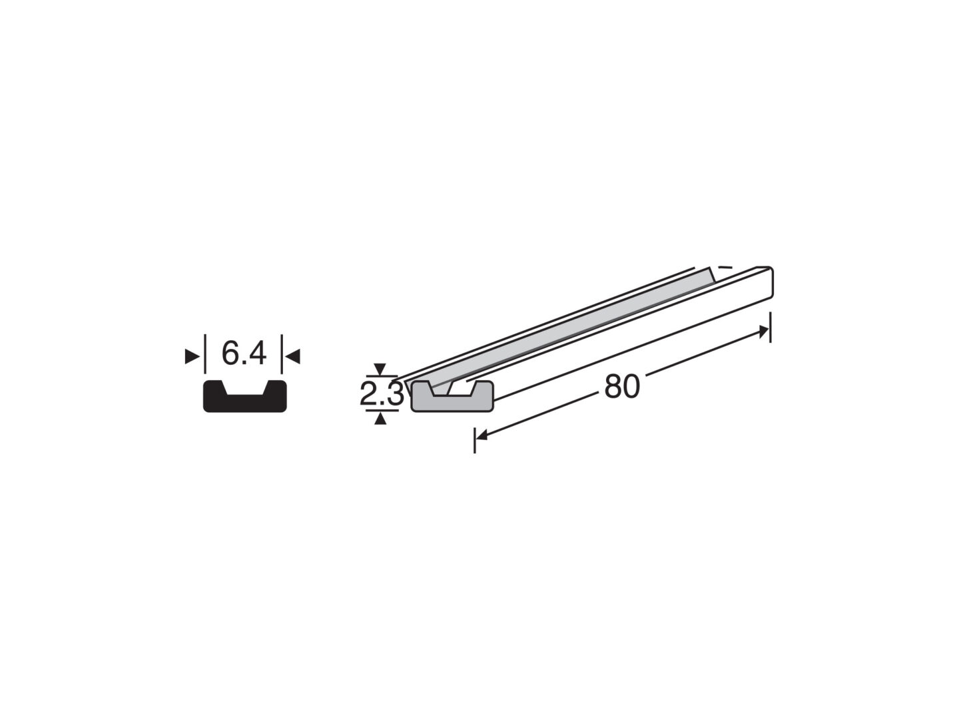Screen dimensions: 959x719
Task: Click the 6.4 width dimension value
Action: tap(244, 354)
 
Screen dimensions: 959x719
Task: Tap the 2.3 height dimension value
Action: tap(382, 393)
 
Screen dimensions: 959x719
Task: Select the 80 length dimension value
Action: tap(622, 387)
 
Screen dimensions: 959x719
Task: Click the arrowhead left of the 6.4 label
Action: tap(192, 357)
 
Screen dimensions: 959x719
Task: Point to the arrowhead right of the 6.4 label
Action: tap(293, 357)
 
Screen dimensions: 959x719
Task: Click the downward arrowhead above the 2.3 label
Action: tap(380, 369)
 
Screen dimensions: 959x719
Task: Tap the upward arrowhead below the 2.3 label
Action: tap(380, 419)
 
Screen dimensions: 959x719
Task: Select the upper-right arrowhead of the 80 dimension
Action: tap(763, 333)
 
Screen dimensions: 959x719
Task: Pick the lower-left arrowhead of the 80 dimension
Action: tap(481, 435)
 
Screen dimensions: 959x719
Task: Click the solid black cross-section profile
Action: tap(244, 400)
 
